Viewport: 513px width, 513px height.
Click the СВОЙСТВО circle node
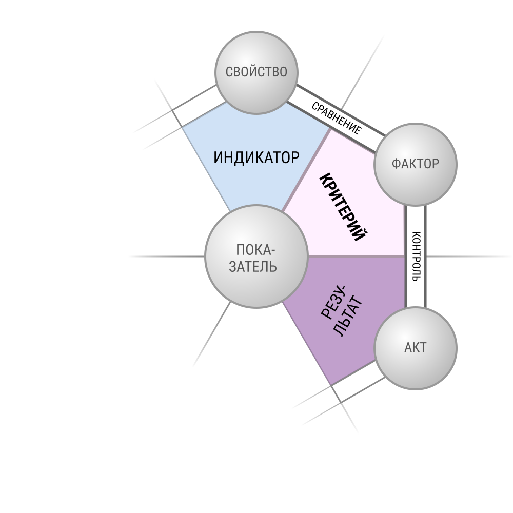(x=256, y=73)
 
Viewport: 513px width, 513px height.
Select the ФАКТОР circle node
(x=416, y=164)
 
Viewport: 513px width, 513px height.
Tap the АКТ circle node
(x=416, y=348)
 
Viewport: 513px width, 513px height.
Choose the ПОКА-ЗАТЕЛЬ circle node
(x=256, y=256)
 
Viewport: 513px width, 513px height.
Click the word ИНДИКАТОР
(x=256, y=157)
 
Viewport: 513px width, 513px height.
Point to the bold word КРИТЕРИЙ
(x=343, y=207)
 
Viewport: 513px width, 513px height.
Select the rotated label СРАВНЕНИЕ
(x=337, y=118)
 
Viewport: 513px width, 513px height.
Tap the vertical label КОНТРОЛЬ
(x=416, y=256)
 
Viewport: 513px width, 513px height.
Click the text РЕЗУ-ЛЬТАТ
(x=342, y=311)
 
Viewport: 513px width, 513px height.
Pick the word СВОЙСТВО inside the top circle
(x=256, y=72)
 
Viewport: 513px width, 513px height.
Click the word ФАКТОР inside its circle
(x=416, y=164)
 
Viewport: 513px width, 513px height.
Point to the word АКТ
(x=416, y=347)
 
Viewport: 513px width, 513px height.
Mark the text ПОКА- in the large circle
(x=255, y=250)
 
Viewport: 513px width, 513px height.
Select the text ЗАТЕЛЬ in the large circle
(x=252, y=267)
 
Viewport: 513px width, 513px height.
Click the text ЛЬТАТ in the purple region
(x=349, y=316)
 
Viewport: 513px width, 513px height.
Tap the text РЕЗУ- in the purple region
(x=333, y=302)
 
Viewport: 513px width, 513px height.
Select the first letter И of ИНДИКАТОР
(x=218, y=157)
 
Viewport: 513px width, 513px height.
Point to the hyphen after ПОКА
(x=273, y=251)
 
